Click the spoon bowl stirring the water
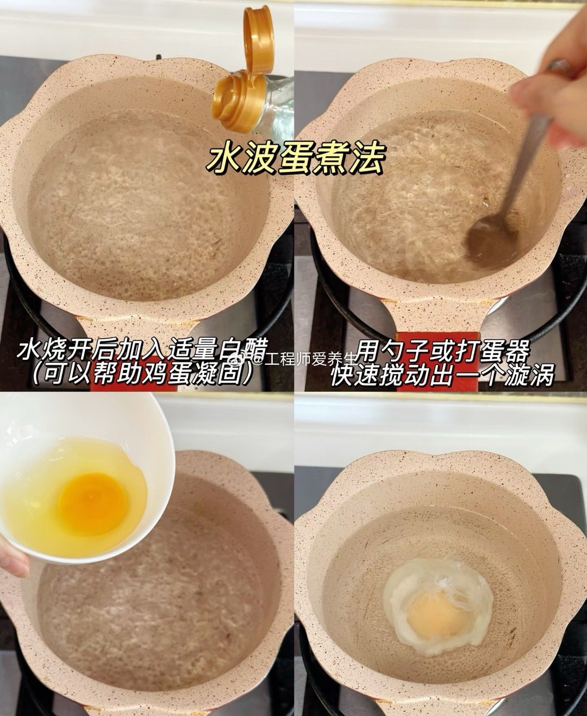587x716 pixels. [488, 239]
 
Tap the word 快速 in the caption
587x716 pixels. [356, 375]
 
